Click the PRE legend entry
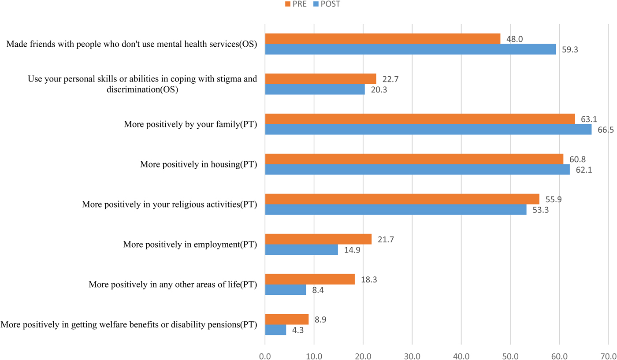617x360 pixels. (x=295, y=4)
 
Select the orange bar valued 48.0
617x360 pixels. (x=383, y=39)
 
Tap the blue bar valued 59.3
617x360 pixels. (x=410, y=49)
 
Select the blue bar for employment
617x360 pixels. (x=301, y=249)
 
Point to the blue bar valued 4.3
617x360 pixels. (x=275, y=330)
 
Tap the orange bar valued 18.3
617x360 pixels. (x=310, y=279)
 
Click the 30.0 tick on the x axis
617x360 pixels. (x=412, y=356)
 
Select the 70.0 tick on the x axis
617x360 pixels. (x=608, y=356)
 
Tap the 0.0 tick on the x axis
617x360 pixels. (x=265, y=356)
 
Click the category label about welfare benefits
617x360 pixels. (x=129, y=325)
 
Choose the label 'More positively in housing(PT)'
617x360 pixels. (x=198, y=164)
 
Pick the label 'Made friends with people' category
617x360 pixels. (x=132, y=44)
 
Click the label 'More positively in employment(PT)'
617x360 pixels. (x=190, y=244)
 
